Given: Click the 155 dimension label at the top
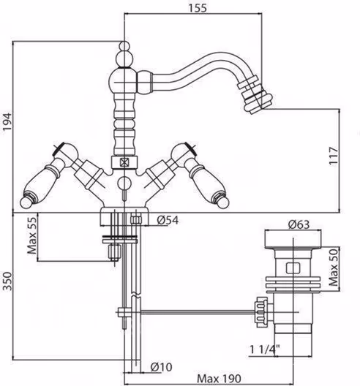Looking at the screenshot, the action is pyautogui.click(x=198, y=8).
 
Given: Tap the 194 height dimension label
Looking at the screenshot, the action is pyautogui.click(x=7, y=122).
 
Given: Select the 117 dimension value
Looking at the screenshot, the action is pyautogui.click(x=334, y=156).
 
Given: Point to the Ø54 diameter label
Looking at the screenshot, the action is pyautogui.click(x=168, y=220).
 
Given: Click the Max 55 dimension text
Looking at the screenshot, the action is pyautogui.click(x=32, y=235).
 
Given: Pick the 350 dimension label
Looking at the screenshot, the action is pyautogui.click(x=7, y=281).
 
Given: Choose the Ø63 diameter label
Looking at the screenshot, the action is pyautogui.click(x=299, y=224).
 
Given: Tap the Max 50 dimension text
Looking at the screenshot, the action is pyautogui.click(x=334, y=267).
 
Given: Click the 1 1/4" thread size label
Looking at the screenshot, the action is pyautogui.click(x=265, y=349).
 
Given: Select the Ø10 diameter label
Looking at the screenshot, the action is pyautogui.click(x=162, y=367).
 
